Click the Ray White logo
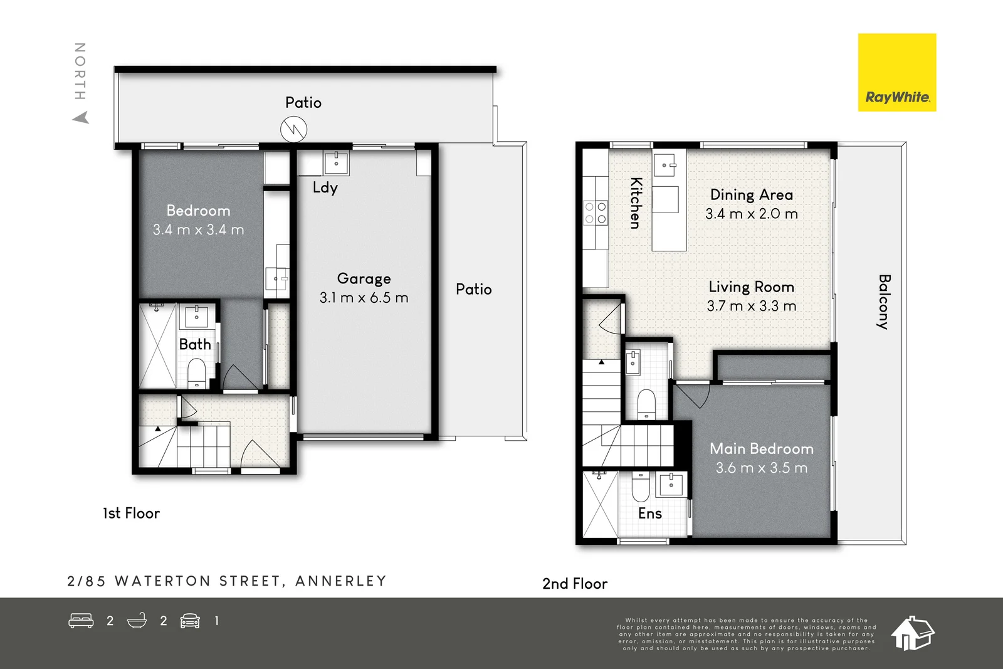click(896, 73)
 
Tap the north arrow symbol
click(81, 117)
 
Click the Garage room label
click(364, 278)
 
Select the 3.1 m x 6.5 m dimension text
click(364, 298)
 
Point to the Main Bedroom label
click(761, 449)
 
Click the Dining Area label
click(751, 195)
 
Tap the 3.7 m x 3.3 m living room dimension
click(751, 306)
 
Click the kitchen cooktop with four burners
click(596, 213)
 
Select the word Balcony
click(884, 302)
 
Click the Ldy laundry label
click(325, 187)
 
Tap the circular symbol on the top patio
click(293, 130)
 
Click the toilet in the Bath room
click(197, 372)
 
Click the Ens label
click(649, 514)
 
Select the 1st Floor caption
click(131, 514)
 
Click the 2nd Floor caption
click(574, 584)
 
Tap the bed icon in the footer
click(81, 621)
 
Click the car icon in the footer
click(190, 621)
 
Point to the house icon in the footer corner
click(912, 633)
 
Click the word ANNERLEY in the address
click(340, 581)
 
